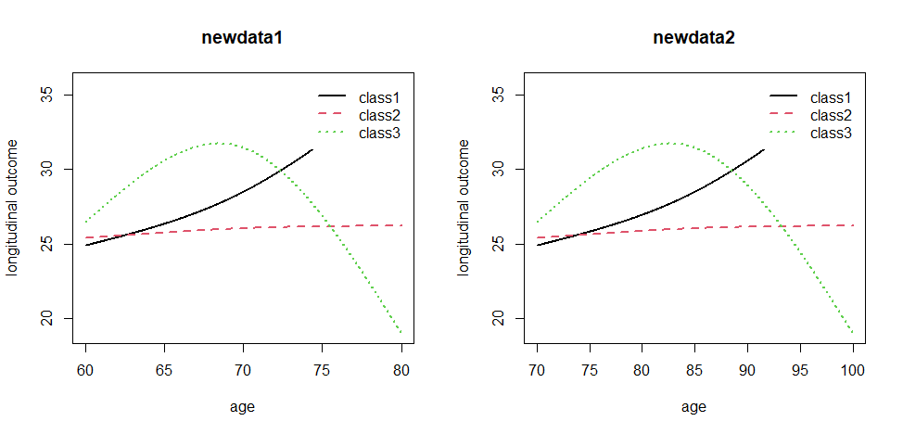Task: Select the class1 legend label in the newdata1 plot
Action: coord(379,96)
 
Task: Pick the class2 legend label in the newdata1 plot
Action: coord(379,115)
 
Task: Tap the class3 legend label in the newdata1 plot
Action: coord(379,134)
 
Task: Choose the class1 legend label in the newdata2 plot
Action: coord(831,96)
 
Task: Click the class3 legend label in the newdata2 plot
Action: coord(831,134)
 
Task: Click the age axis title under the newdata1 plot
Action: coord(243,406)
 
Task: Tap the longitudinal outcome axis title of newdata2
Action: coord(464,207)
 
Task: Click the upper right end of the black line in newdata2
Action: coord(764,148)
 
